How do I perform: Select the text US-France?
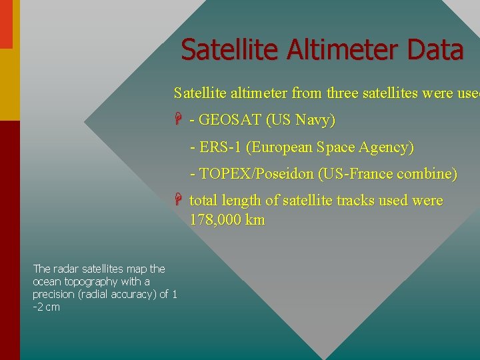(357, 174)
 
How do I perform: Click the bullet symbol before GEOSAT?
(179, 121)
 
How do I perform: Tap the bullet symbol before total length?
(179, 201)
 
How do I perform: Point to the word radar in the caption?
(65, 269)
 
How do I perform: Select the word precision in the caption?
(54, 294)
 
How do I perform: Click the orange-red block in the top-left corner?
(5, 24)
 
